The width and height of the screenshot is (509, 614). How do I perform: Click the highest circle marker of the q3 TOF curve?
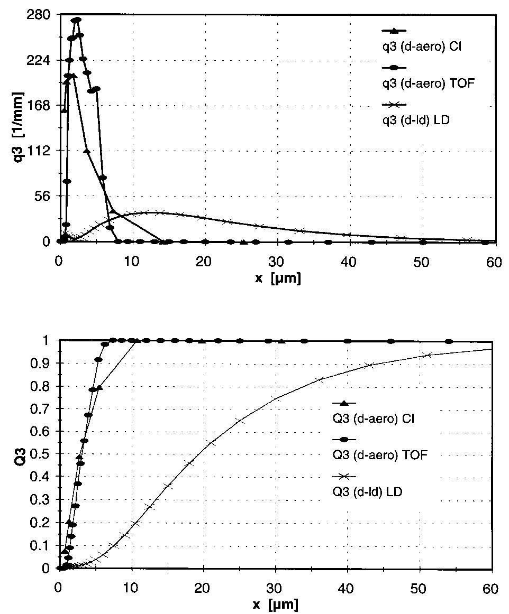(78, 20)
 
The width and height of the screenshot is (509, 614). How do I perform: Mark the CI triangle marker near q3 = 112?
(87, 151)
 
